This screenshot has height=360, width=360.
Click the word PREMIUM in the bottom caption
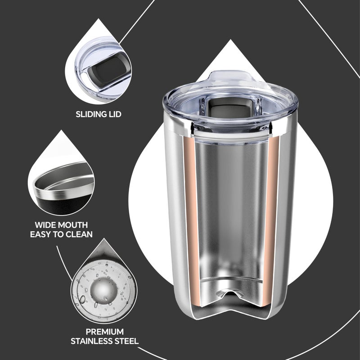tap(104, 331)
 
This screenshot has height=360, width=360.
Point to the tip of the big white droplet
tap(231, 41)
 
